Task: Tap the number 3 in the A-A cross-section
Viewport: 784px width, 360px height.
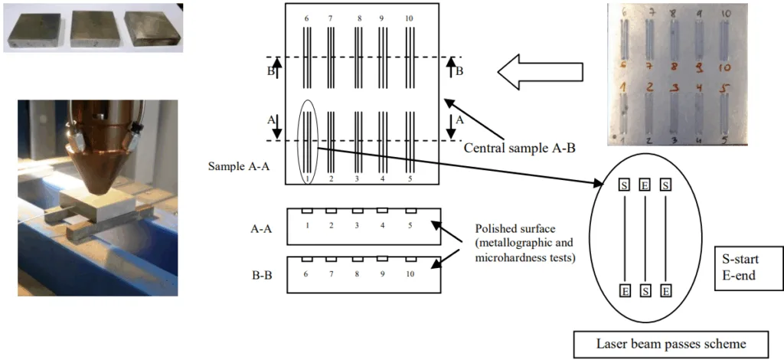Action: pos(357,226)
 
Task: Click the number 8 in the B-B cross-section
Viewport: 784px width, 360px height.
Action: pos(358,273)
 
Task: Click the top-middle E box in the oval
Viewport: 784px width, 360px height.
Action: pos(645,185)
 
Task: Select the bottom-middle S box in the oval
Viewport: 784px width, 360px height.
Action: pos(645,291)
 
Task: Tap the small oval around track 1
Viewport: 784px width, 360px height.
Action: pos(307,143)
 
